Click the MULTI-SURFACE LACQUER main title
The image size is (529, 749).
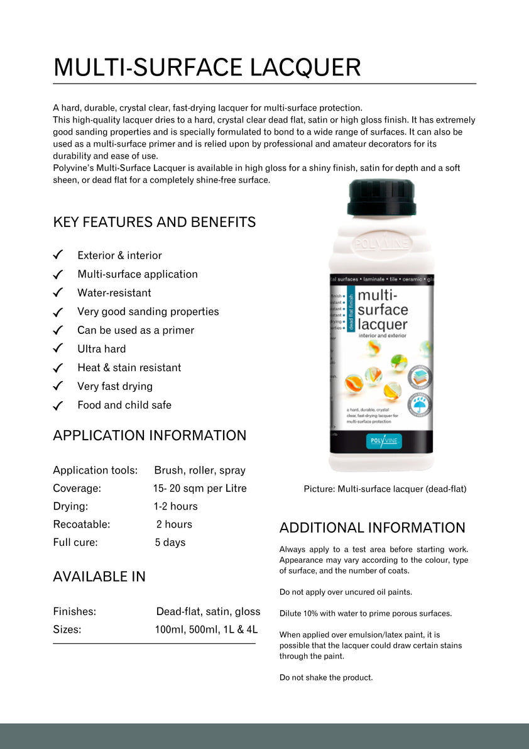tap(207, 67)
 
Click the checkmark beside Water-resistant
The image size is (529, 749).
tap(58, 292)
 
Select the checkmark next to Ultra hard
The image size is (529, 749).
tap(58, 348)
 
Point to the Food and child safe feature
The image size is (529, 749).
tap(124, 405)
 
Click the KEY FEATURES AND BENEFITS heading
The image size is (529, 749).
tap(154, 222)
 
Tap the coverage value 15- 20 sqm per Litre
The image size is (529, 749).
tap(200, 488)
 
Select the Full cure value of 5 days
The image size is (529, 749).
tap(170, 542)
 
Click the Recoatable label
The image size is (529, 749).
tap(81, 524)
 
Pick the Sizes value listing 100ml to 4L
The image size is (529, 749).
tap(206, 629)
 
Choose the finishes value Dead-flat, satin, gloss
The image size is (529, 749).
tap(208, 611)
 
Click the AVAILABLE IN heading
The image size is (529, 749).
tap(99, 576)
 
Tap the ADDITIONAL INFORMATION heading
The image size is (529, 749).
tap(372, 528)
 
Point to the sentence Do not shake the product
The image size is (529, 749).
tap(326, 677)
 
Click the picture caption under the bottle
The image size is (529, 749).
tap(384, 489)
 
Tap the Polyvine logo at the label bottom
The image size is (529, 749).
tap(383, 441)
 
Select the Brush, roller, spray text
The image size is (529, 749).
tap(200, 470)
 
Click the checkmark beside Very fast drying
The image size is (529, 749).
tap(58, 386)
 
